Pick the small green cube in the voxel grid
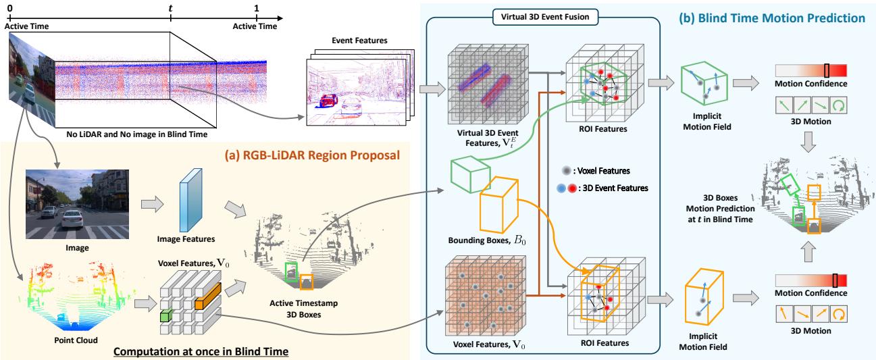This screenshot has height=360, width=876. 165,316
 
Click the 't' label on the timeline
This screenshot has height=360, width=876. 171,7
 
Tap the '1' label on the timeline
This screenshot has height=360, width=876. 256,7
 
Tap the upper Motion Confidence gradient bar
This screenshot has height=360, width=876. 810,71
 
